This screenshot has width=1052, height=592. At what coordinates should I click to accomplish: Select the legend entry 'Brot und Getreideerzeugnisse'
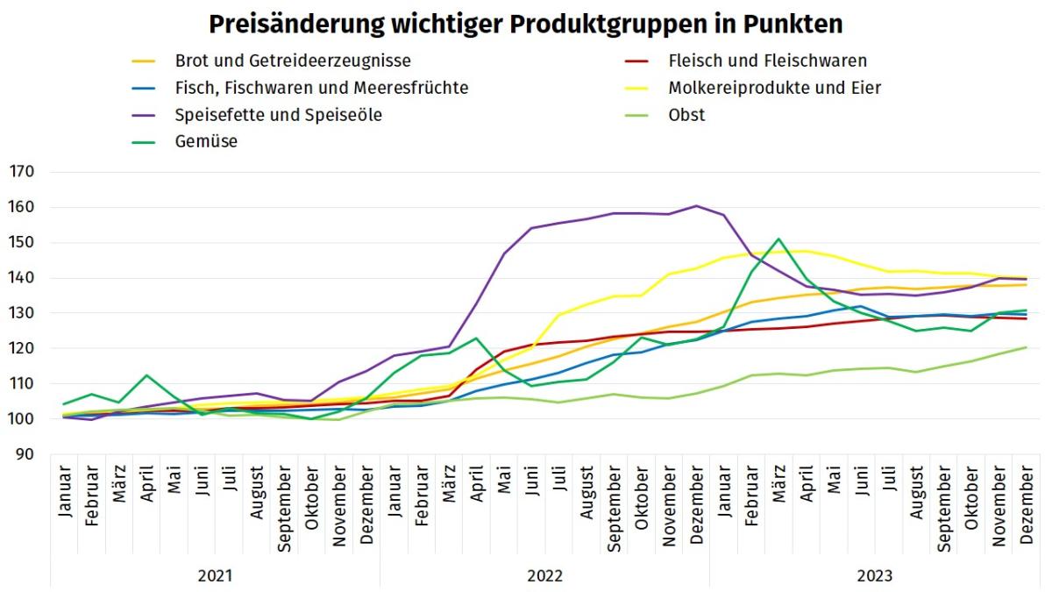click(x=293, y=61)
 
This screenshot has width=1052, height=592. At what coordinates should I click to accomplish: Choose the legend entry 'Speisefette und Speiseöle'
click(x=278, y=115)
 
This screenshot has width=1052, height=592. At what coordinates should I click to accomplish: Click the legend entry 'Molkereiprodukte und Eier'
click(x=774, y=88)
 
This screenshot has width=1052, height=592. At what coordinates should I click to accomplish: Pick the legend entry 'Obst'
click(x=686, y=115)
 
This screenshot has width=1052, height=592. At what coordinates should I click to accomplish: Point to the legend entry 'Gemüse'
click(x=206, y=141)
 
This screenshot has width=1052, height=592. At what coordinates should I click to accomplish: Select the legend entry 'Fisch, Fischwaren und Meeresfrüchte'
click(x=321, y=88)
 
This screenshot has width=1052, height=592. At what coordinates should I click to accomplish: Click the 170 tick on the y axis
click(x=22, y=173)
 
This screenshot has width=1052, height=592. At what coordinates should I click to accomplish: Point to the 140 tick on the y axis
click(x=22, y=278)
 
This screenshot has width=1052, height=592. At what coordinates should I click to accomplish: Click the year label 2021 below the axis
click(x=215, y=576)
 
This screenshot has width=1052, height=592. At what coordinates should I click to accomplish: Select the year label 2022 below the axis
click(x=544, y=576)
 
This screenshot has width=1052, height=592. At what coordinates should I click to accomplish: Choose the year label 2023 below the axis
click(x=874, y=576)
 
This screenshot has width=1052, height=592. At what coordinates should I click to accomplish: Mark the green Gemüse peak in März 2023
click(x=778, y=239)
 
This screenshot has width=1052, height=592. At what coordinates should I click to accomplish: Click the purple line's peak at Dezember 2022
click(x=696, y=206)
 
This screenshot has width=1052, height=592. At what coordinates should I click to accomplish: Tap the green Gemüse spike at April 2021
click(x=147, y=375)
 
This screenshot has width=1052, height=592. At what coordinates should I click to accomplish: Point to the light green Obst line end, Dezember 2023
click(x=1026, y=347)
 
